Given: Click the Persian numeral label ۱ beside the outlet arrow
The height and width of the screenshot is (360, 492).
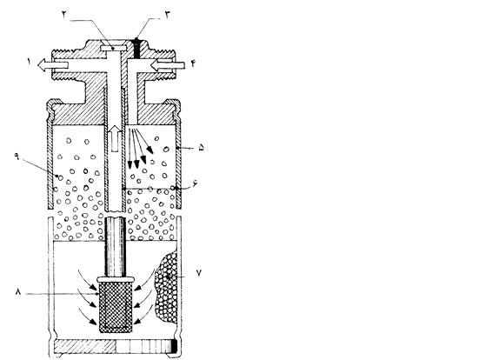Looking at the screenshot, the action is point(29,62).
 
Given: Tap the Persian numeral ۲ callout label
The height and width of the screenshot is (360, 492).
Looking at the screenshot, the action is point(64,14).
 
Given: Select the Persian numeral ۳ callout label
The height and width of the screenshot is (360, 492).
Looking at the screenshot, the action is point(168,14).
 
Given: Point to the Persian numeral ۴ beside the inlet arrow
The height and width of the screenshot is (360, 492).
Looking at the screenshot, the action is point(193,63).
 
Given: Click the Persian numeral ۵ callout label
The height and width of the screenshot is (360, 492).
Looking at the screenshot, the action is point(202,148).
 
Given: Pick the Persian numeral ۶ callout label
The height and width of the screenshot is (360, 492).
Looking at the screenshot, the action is point(195,183).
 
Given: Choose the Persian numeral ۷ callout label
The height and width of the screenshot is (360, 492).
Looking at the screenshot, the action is point(199,273).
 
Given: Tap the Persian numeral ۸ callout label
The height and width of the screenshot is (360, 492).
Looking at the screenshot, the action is point(18,292).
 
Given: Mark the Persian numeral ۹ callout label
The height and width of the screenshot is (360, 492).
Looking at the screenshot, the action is point(17,156).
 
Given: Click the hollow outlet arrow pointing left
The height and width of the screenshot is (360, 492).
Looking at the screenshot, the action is point(53,65).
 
